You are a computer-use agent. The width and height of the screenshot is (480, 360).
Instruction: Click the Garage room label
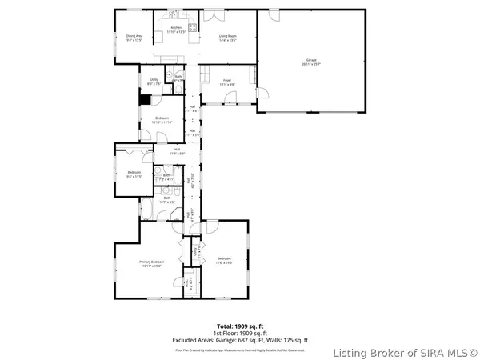tap(310, 62)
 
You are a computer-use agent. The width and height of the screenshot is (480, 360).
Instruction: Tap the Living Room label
tap(227, 37)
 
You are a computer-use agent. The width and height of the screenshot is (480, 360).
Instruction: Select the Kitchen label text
tap(177, 29)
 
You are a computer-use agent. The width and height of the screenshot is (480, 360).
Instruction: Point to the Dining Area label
tap(134, 37)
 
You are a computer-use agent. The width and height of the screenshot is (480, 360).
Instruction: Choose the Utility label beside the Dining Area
tap(154, 82)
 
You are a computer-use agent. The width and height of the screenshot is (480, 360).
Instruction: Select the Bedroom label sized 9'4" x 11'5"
tap(134, 174)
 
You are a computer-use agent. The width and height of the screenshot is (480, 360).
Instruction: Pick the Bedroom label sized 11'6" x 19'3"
tap(224, 259)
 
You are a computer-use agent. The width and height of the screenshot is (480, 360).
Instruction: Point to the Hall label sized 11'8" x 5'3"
tap(177, 150)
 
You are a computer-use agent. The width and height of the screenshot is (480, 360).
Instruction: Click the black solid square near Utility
tap(145, 100)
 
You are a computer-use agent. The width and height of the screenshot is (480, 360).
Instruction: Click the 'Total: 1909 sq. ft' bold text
tap(239, 326)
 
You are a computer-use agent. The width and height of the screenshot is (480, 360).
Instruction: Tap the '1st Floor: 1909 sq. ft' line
tap(239, 334)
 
